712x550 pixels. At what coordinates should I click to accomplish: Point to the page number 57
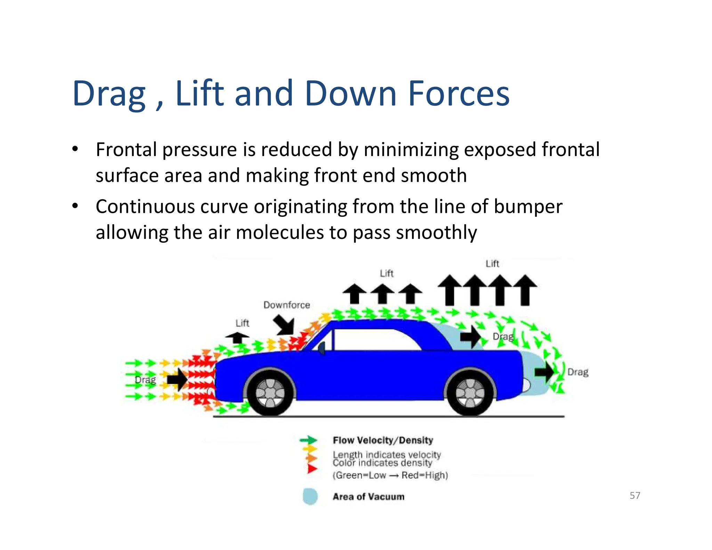(635, 495)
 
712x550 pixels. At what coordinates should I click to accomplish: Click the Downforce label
(286, 305)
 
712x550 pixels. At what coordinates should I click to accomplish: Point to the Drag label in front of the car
(145, 380)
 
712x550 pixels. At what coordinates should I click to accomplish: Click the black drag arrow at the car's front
(177, 379)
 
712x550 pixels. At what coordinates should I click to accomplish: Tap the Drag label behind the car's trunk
(578, 372)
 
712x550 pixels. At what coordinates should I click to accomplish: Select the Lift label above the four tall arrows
(492, 264)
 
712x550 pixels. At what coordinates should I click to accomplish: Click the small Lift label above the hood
(242, 323)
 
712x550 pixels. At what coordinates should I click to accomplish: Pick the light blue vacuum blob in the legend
(310, 496)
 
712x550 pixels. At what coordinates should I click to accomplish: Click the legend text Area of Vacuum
(369, 496)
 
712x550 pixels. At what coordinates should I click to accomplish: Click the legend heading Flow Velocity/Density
(383, 440)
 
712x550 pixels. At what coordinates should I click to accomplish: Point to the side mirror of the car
(322, 348)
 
